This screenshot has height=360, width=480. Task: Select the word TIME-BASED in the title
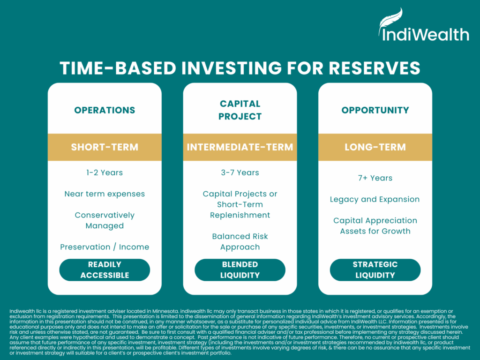pos(118,68)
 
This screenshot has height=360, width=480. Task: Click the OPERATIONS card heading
pos(105,110)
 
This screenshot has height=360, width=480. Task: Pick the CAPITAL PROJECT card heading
pos(240,110)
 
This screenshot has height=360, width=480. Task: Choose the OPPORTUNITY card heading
pos(375,110)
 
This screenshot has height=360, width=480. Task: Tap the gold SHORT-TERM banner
pos(105,147)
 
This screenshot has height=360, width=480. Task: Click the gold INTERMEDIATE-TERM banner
pos(240,147)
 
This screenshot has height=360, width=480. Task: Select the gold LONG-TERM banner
pos(375,147)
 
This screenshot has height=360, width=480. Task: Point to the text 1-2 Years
pos(105,172)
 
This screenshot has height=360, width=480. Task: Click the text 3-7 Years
pos(240,172)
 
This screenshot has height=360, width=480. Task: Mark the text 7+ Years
pos(375,178)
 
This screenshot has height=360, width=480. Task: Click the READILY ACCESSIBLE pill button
pos(105,270)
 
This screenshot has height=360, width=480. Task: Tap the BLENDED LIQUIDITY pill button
pos(240,270)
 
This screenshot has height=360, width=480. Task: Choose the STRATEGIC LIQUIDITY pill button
pos(375,270)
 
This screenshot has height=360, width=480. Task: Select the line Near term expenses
pos(105,194)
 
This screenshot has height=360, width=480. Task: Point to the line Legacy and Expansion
pos(375,200)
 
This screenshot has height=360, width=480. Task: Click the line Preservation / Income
pos(105,247)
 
